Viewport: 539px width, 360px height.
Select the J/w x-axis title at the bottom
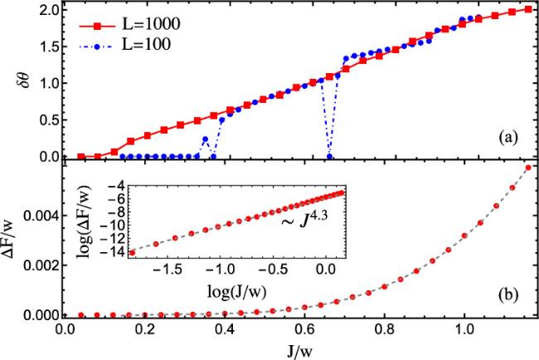pyautogui.click(x=296, y=352)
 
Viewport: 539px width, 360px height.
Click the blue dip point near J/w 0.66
pyautogui.click(x=330, y=156)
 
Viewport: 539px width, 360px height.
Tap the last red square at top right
pyautogui.click(x=528, y=10)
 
